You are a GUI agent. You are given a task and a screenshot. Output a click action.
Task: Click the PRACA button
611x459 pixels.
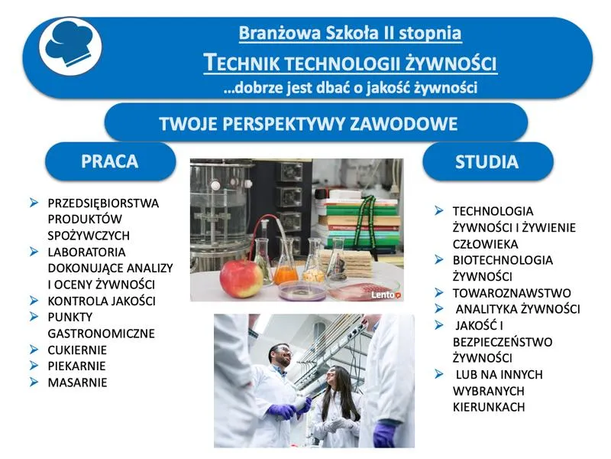point(110,161)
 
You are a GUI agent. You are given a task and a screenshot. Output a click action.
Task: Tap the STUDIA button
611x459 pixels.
point(487,161)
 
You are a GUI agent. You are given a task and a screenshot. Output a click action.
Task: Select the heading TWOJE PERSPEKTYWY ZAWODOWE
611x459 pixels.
point(309,124)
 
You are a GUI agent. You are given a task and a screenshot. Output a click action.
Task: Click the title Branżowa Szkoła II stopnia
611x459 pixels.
point(350,34)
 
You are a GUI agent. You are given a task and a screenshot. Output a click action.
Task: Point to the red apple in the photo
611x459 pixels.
point(241,278)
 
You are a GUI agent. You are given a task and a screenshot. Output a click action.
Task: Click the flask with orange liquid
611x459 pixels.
point(286,265)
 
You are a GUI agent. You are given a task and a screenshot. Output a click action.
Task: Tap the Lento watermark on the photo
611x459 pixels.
point(387,293)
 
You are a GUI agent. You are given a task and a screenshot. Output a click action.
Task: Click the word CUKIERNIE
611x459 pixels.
point(77,350)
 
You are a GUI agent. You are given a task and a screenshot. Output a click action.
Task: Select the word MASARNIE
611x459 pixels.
point(77,382)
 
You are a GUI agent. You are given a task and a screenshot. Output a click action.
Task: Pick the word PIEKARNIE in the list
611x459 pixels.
point(76,366)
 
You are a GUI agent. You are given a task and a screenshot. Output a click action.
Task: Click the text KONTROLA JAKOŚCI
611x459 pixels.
point(102,301)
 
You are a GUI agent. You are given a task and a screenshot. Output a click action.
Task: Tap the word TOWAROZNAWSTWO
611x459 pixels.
point(512,293)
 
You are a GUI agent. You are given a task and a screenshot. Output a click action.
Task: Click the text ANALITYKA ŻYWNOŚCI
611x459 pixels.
point(517,309)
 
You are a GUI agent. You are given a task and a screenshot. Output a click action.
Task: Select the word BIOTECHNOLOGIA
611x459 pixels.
point(503,260)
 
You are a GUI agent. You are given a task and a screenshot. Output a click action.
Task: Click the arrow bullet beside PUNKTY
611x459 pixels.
point(34,316)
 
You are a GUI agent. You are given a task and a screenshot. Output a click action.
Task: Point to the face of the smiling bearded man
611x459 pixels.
point(281,356)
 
